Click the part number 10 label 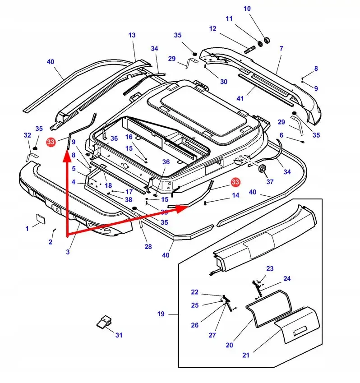tap(247, 9)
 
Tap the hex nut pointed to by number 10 tap(266, 40)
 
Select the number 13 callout tap(132, 35)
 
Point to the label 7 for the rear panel tap(281, 48)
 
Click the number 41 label tap(240, 98)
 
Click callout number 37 tap(270, 182)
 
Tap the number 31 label tap(119, 335)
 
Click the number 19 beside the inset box tap(161, 314)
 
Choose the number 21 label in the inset tap(245, 355)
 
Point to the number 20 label tap(229, 345)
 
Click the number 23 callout tap(270, 269)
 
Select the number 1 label tap(27, 229)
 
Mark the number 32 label tap(27, 135)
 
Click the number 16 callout tap(129, 137)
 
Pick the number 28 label tap(148, 247)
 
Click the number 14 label tap(235, 195)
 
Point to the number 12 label tap(213, 29)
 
